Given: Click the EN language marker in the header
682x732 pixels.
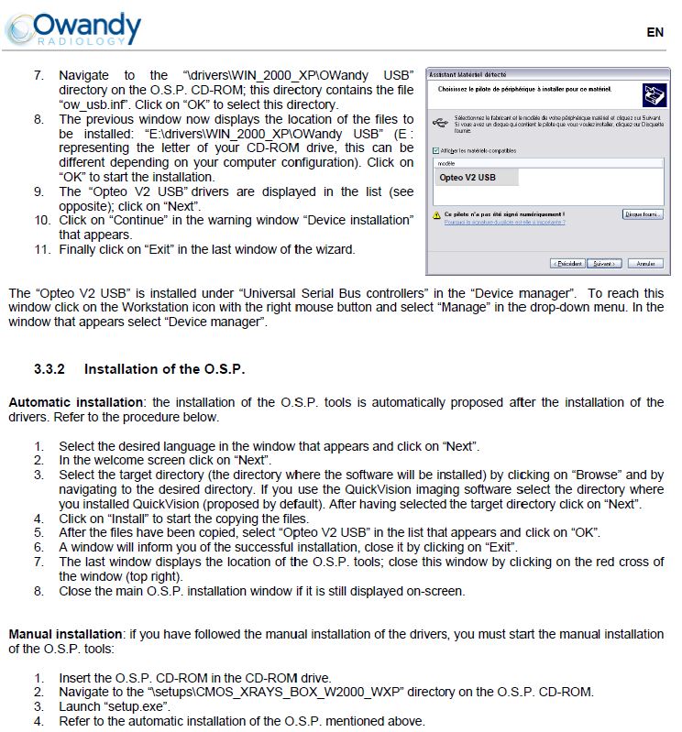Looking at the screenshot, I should click(x=654, y=32).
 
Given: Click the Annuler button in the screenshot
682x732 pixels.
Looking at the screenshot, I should click(x=644, y=263).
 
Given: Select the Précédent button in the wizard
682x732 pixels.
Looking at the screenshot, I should click(x=567, y=263).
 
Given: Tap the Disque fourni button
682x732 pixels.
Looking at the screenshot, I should click(x=643, y=214).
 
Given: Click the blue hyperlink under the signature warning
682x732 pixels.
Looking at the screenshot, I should click(x=504, y=222).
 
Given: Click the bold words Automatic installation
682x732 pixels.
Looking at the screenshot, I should click(x=76, y=402).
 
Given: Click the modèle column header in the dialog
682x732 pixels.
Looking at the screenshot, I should click(x=448, y=162).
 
